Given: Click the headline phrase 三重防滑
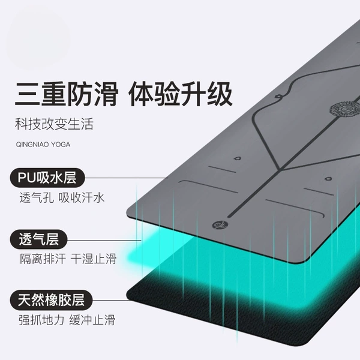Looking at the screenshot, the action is (x=67, y=94).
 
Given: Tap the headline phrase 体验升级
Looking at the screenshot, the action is (x=181, y=94).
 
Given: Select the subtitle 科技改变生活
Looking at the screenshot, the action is (x=54, y=124).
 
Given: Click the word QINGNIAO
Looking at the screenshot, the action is (x=32, y=145).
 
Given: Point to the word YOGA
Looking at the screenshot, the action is (x=61, y=145).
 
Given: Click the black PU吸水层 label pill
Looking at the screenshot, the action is (x=47, y=178).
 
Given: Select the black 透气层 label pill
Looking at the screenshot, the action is (x=38, y=239).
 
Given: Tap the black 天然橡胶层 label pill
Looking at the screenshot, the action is (x=51, y=300).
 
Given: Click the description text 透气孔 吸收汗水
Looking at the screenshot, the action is (x=62, y=197).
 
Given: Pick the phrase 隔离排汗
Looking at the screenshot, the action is (x=43, y=259).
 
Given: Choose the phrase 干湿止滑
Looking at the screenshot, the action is (x=94, y=259).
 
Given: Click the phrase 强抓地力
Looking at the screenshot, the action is (x=41, y=320).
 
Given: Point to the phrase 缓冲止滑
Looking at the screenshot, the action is (x=92, y=320).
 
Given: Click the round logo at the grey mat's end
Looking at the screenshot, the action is (x=217, y=224).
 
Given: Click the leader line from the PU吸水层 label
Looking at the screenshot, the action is (x=127, y=178).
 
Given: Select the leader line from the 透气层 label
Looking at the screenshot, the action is (x=104, y=241).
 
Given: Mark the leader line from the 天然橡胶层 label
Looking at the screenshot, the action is (x=110, y=300).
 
